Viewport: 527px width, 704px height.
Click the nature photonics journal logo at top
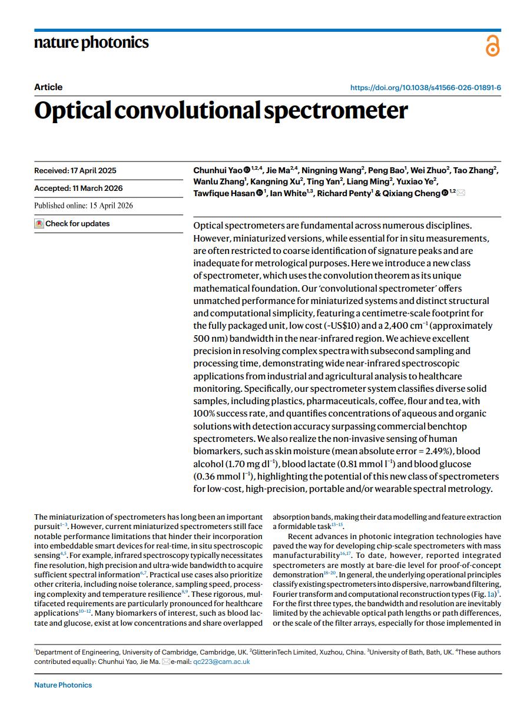[x=91, y=43]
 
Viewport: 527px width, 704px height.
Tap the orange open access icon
[x=492, y=46]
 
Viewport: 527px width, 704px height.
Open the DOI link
[x=426, y=88]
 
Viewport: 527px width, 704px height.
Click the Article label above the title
[x=48, y=87]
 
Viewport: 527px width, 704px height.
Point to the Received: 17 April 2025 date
[x=75, y=171]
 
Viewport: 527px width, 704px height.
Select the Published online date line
[x=84, y=206]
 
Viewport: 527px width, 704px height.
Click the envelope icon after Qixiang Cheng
[x=460, y=193]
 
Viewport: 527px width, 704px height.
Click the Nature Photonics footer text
[x=63, y=685]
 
